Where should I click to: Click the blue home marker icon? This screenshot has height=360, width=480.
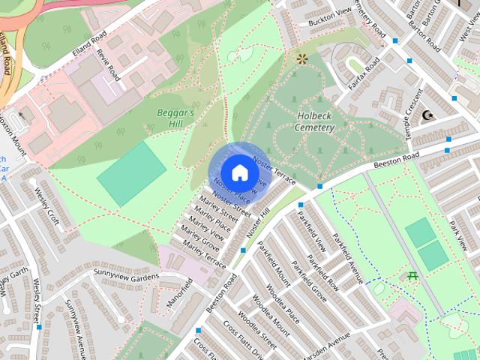[239, 172]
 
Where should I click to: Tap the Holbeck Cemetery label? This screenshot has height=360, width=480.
[314, 122]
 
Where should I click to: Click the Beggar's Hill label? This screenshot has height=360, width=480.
[175, 118]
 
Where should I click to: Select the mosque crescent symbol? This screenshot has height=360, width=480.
[429, 115]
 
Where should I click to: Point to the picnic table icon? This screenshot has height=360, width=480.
[413, 277]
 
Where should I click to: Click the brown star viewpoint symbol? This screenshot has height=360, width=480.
[302, 58]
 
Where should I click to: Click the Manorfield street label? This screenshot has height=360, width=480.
[179, 295]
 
